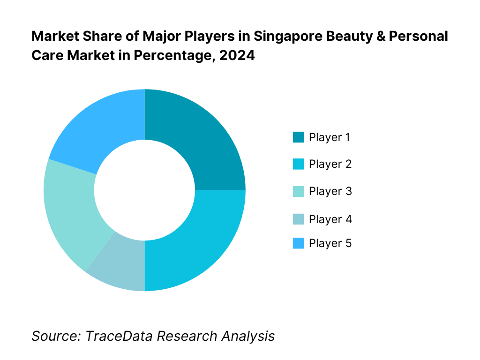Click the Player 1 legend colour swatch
pyautogui.click(x=298, y=137)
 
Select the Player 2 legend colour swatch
pyautogui.click(x=298, y=164)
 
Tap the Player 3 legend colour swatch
pyautogui.click(x=298, y=191)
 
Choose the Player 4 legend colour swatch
pyautogui.click(x=298, y=219)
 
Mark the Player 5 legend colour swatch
pyautogui.click(x=298, y=243)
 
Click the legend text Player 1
pyautogui.click(x=330, y=137)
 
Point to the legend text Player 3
pyautogui.click(x=330, y=191)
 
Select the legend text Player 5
pyautogui.click(x=330, y=243)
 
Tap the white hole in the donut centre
pyautogui.click(x=144, y=190)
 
